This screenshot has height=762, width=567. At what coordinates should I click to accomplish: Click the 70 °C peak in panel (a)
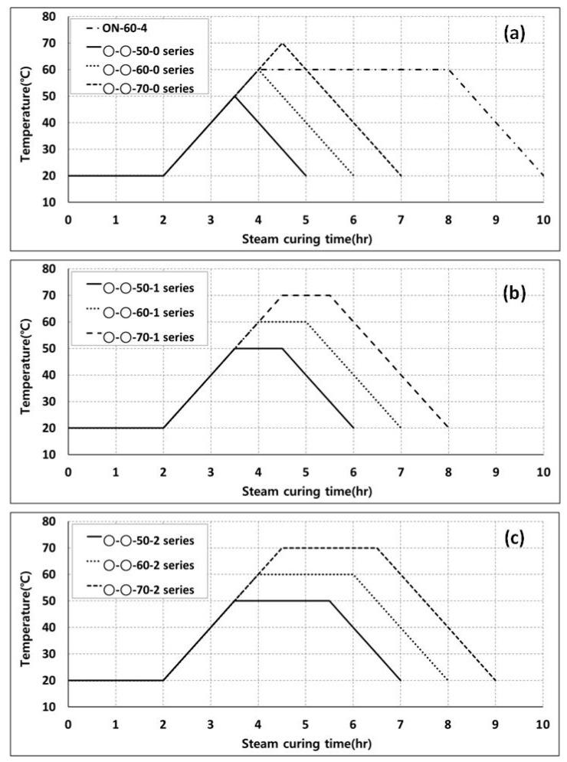click(x=282, y=43)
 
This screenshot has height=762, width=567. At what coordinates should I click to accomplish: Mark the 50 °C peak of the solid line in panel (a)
click(x=234, y=96)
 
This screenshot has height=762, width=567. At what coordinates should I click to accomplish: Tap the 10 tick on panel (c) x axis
click(x=543, y=724)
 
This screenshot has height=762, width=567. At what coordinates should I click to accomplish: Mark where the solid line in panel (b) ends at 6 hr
click(x=353, y=428)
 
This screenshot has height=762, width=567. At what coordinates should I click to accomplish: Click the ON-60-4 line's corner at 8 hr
click(x=448, y=70)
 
